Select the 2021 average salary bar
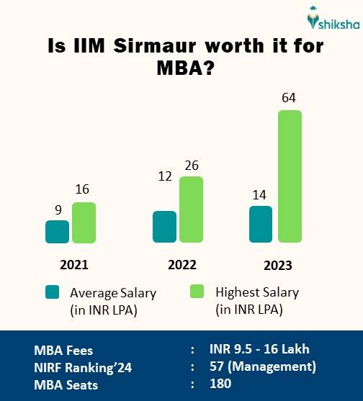point(58,232)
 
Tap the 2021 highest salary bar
point(84,222)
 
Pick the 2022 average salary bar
point(165,227)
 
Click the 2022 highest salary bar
point(191,209)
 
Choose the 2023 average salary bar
point(261,225)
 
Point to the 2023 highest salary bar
point(290,176)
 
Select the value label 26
point(192,166)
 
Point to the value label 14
point(260,194)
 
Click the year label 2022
point(182,264)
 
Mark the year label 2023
point(278,266)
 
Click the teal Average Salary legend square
point(52,292)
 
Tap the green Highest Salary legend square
point(197,292)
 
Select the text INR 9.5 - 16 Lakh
point(259,350)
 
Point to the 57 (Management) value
point(262,367)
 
